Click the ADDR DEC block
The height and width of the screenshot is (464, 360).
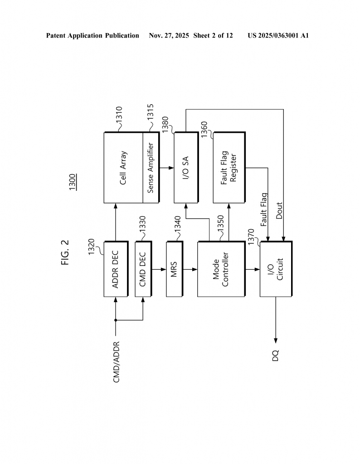point(116,269)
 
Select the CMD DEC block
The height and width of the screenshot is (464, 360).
point(143,269)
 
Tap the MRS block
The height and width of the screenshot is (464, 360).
point(174,269)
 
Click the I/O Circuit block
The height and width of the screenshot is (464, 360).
point(276,269)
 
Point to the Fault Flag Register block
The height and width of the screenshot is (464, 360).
point(229,168)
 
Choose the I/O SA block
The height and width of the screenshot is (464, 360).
point(186,168)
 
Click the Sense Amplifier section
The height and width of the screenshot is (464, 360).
point(151,168)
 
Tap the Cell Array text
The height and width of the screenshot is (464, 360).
point(123,168)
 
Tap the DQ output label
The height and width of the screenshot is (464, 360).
point(276,356)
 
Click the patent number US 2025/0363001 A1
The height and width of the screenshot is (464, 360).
point(278,35)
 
